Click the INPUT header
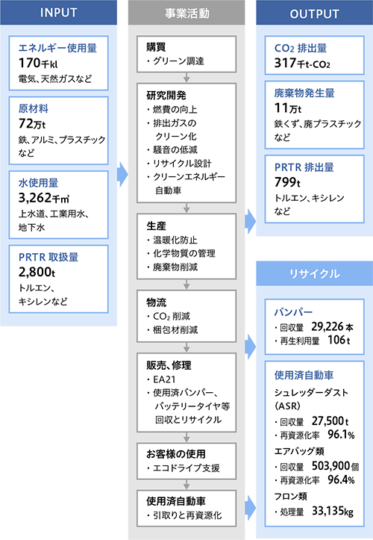point(58,13)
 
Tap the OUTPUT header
point(315,13)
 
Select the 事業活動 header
point(186,13)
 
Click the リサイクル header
point(315,273)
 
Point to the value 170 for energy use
point(30,63)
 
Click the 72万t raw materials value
point(32,123)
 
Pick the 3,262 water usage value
point(35,197)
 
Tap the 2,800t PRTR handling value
point(37,272)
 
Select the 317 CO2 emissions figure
point(285,63)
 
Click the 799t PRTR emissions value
point(287,182)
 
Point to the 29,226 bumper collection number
point(327,326)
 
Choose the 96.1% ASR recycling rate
point(341,434)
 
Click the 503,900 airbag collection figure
point(330,465)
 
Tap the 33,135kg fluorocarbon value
point(333,511)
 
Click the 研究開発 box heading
point(166,95)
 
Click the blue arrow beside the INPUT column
point(122,174)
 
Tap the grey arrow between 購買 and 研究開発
point(186,78)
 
